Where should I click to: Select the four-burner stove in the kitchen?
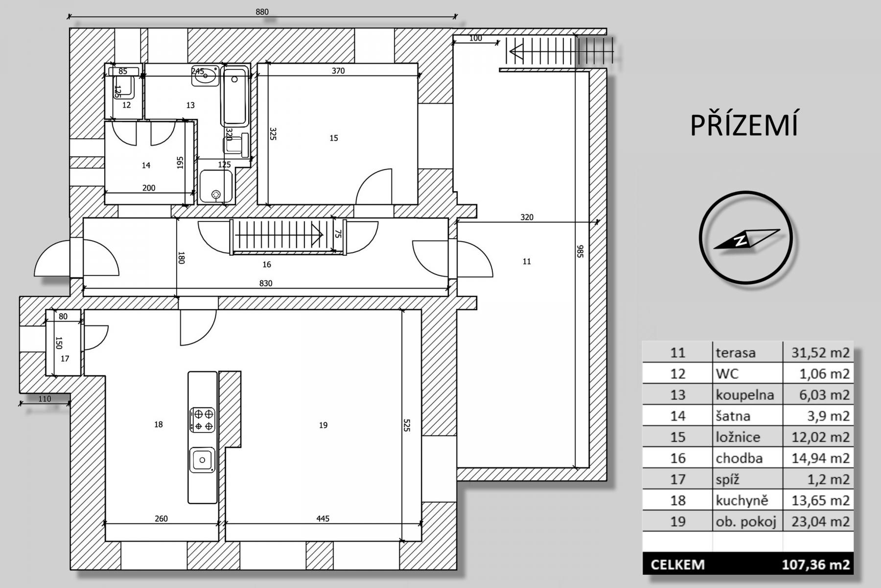pos(203,420)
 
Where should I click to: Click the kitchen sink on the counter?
pos(202,460)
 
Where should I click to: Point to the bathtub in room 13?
pos(235,96)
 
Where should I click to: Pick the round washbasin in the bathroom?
pos(205,76)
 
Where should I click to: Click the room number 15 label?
pos(334,138)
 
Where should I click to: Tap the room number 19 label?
pos(323,425)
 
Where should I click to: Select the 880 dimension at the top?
pos(262,12)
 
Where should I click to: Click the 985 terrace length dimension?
pos(580,251)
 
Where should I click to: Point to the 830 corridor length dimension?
pos(266,283)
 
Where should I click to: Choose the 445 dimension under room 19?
pos(323,518)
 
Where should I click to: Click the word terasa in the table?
pos(736,352)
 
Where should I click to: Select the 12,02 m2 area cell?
pos(821,437)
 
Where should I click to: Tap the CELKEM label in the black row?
pos(678,564)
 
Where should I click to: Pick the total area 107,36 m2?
pos(816,564)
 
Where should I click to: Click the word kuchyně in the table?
pos(742,500)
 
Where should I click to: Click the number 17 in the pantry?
pos(65,359)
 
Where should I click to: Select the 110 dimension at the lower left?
pos(45,399)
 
